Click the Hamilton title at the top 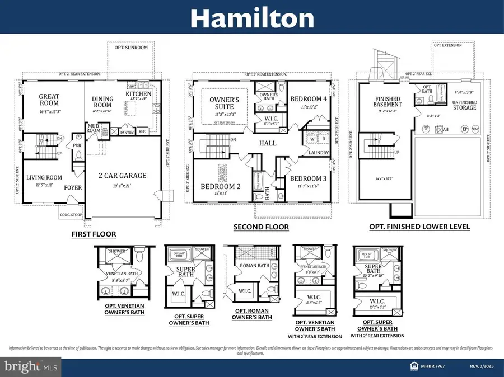(251, 19)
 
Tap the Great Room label (49, 100)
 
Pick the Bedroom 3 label (308, 179)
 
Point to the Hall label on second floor (268, 143)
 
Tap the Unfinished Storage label (465, 104)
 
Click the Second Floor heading (262, 227)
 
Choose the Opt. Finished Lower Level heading (419, 227)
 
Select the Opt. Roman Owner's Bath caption (254, 314)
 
